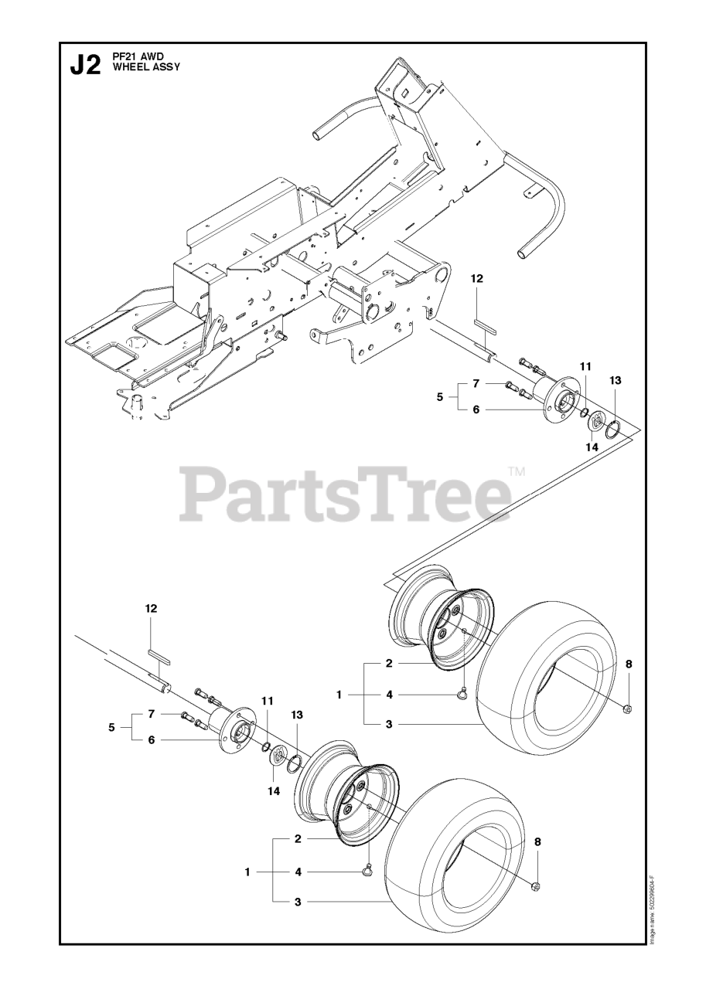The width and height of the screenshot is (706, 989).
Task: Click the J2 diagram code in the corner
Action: pos(85,65)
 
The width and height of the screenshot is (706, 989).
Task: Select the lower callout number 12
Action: pos(151,609)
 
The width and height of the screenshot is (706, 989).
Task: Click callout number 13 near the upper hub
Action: pos(615,380)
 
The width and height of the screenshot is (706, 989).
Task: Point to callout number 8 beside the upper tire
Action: pos(629,664)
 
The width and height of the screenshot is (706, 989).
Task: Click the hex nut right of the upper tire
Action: pos(627,709)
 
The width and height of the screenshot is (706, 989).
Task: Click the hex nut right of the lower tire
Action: pos(535,885)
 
